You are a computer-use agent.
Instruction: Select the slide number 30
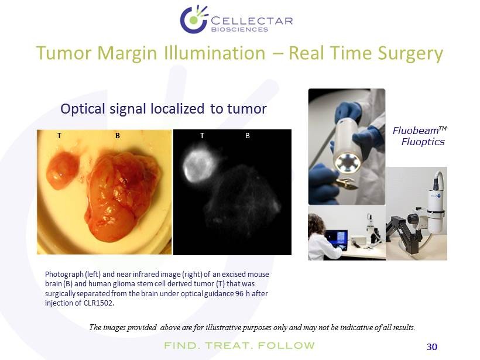tap(432, 347)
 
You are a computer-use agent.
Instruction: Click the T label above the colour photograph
tap(59, 135)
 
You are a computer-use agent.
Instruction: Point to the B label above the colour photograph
tap(118, 136)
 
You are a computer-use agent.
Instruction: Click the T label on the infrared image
tap(202, 135)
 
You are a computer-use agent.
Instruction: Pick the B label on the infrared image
tap(248, 135)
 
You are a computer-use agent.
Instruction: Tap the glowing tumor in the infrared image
tap(199, 166)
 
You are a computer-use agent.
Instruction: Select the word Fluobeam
tap(416, 131)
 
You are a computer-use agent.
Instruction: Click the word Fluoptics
tap(423, 142)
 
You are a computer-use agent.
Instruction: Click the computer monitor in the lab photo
tap(336, 239)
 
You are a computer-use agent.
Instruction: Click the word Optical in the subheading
tap(83, 109)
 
